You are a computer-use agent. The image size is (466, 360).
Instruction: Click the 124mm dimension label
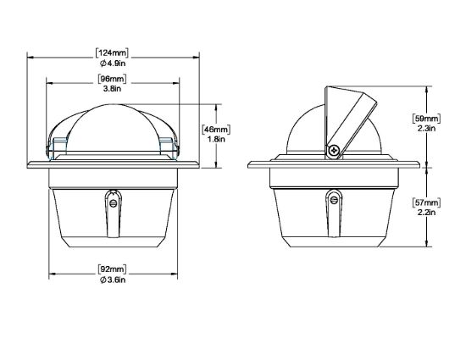click(x=113, y=53)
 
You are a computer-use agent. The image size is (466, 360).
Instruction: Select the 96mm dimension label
click(x=113, y=79)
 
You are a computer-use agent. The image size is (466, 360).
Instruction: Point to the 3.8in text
click(x=113, y=88)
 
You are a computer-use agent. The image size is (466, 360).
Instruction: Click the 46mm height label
click(x=216, y=130)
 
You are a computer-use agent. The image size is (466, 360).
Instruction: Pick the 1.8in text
click(x=216, y=139)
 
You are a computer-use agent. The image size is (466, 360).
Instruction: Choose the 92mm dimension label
click(x=113, y=269)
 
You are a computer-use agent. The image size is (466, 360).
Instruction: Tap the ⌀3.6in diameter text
click(x=113, y=280)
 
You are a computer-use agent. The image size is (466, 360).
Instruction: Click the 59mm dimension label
click(x=426, y=119)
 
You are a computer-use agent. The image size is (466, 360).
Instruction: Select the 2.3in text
click(x=426, y=128)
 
